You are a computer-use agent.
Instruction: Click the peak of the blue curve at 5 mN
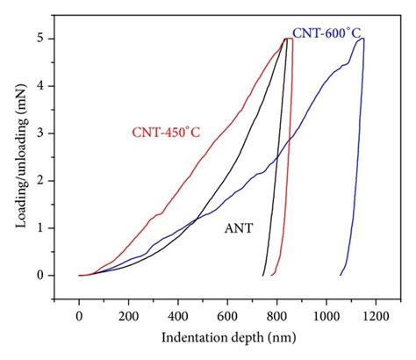click(x=362, y=39)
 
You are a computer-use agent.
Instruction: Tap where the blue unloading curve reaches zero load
click(x=341, y=275)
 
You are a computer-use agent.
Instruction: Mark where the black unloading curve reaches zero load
click(x=262, y=275)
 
